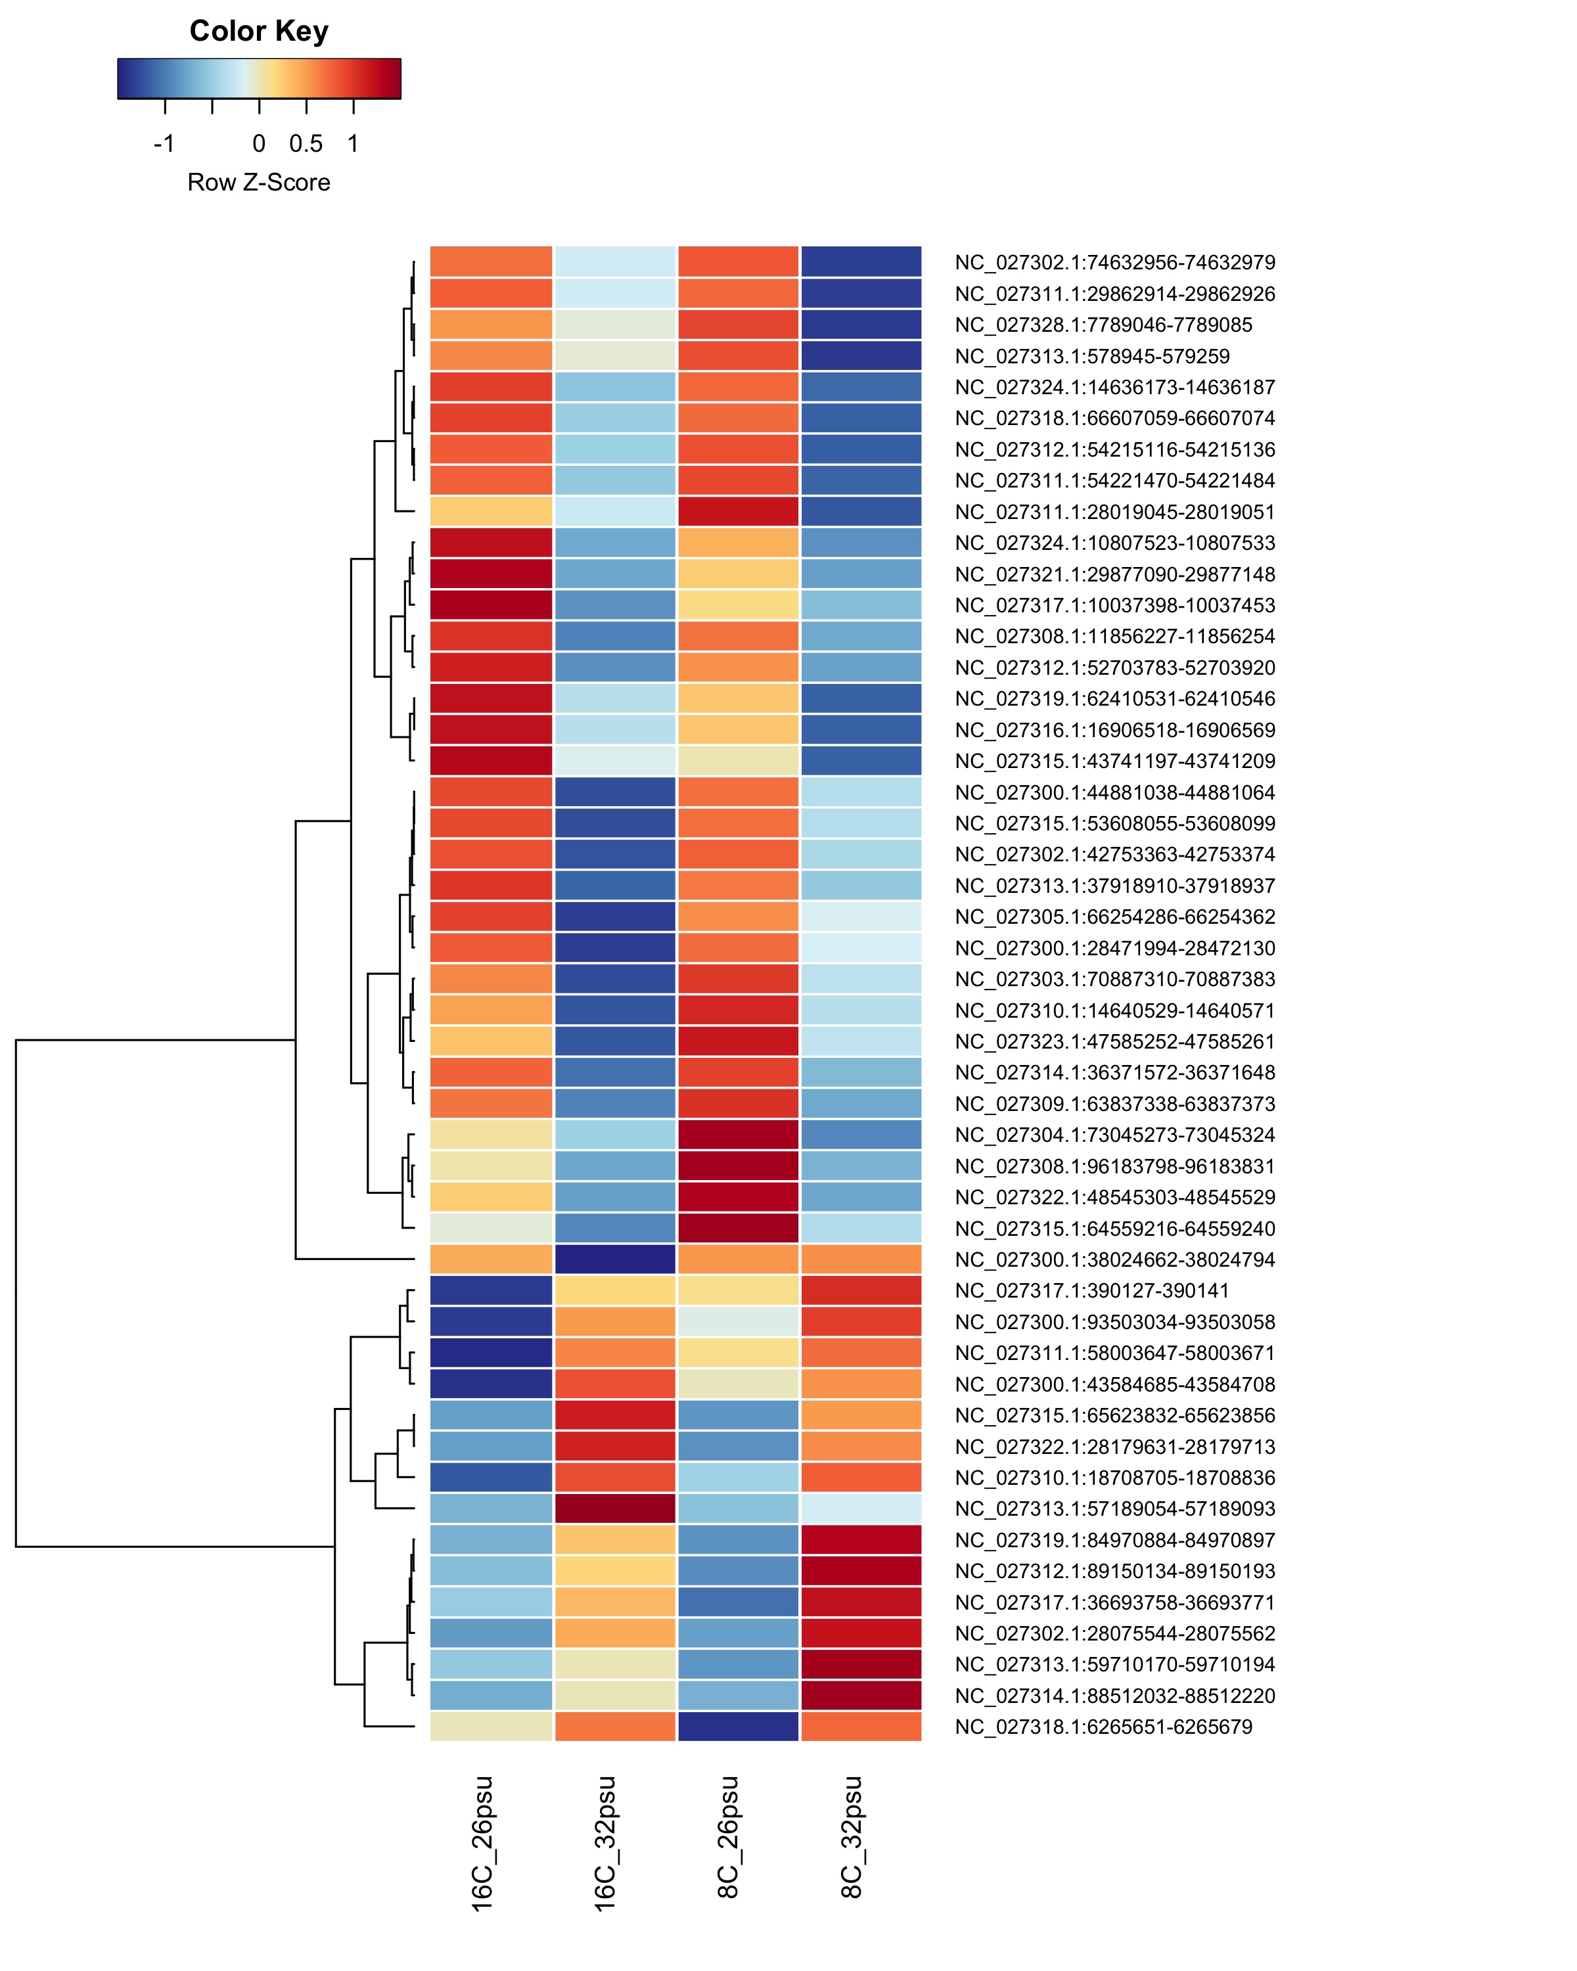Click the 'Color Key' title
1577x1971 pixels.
(259, 31)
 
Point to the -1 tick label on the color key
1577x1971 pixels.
(164, 143)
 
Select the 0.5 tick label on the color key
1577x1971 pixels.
(306, 143)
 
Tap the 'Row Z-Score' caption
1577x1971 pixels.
(259, 182)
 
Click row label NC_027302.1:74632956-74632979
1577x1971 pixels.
(1114, 262)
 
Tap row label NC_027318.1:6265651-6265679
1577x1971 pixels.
(1103, 1727)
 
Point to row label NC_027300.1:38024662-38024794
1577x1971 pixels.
(1114, 1259)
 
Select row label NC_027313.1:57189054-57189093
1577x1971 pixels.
(1114, 1508)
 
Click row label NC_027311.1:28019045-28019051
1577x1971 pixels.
(1114, 512)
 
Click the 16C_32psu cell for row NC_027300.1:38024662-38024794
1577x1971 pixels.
(615, 1259)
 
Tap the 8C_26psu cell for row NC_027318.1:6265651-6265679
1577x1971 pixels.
(738, 1727)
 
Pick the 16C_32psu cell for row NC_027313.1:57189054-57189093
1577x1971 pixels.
(615, 1508)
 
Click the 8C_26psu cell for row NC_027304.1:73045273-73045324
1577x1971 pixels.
(738, 1135)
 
